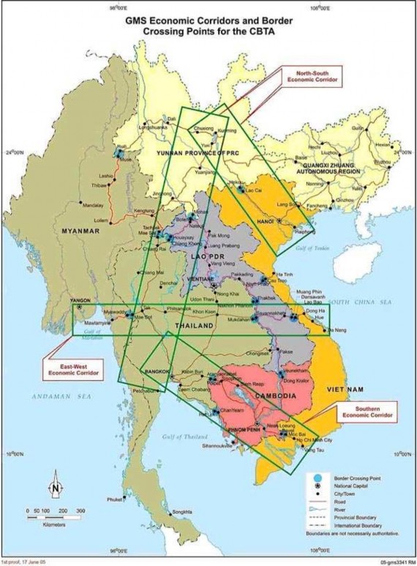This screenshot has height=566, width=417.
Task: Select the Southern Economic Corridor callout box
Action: tap(368, 412)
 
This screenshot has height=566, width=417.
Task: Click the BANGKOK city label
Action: tap(157, 372)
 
